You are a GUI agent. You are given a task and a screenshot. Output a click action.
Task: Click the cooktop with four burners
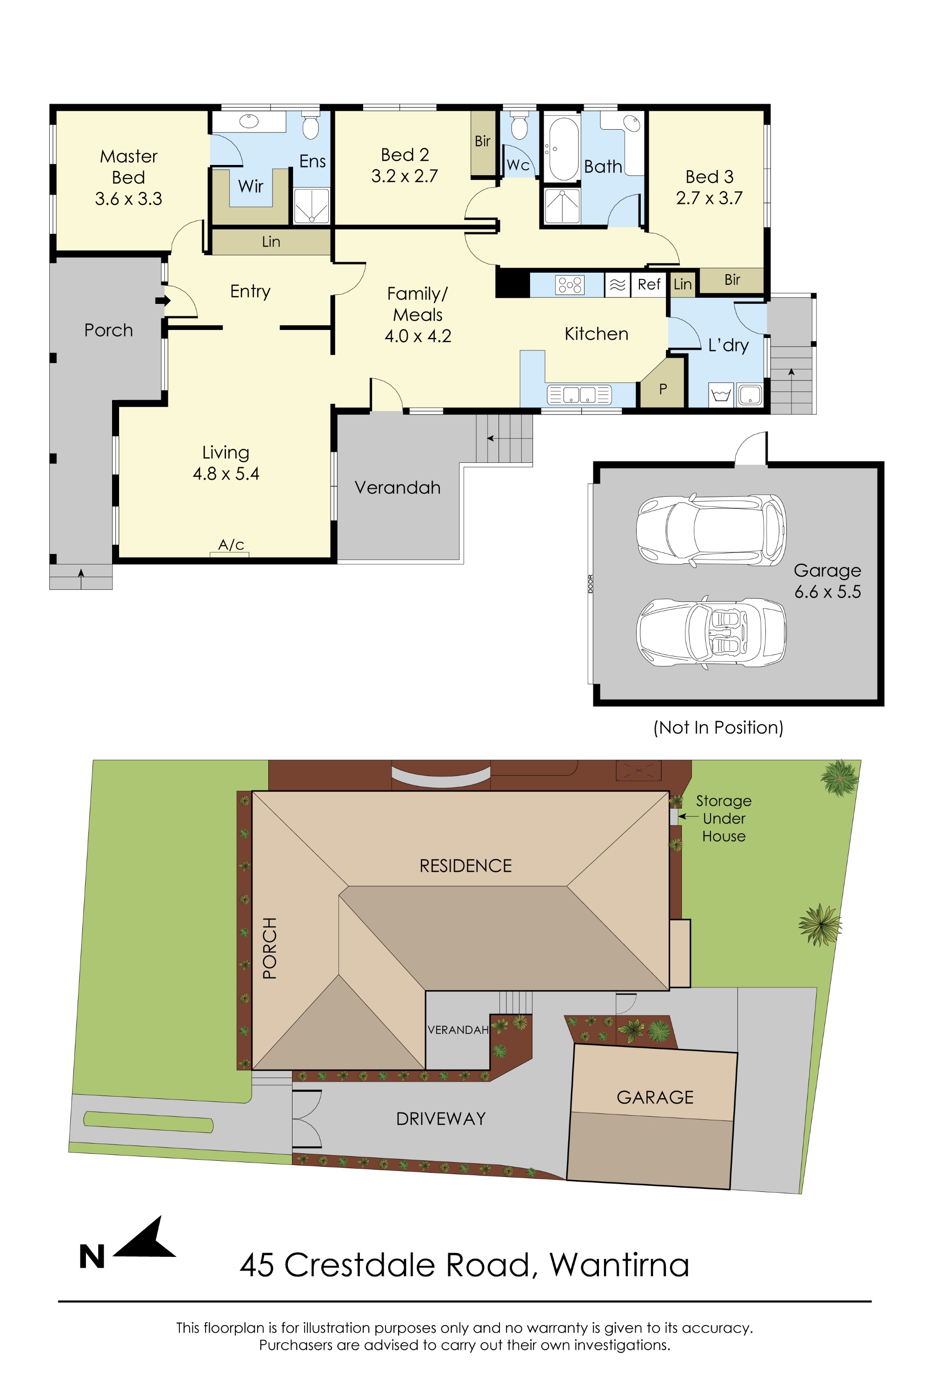569,285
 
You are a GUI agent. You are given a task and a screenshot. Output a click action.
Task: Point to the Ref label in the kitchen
649,284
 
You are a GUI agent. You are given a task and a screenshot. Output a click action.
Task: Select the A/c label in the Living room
231,545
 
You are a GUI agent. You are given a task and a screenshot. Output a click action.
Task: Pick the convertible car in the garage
711,632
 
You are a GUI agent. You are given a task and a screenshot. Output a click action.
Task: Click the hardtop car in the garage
711,529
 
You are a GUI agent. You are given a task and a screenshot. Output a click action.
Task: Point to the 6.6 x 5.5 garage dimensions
827,592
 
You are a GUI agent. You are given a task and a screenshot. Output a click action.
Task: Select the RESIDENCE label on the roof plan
465,866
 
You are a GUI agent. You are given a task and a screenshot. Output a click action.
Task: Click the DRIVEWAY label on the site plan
441,1119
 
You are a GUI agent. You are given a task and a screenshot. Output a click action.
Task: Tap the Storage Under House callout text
723,818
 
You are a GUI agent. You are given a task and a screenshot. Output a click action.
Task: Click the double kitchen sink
579,395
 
